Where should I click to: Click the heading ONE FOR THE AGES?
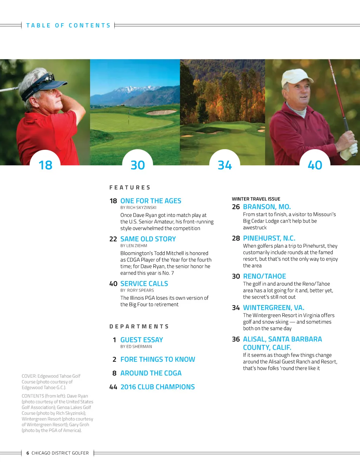(150, 201)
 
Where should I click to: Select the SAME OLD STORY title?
(148, 239)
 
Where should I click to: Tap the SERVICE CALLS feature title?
(144, 284)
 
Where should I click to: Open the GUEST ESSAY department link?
(142, 340)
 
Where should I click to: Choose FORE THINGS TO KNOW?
(157, 359)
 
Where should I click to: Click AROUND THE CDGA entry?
(151, 373)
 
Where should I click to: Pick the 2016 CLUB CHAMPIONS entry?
(157, 387)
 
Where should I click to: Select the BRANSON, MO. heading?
(267, 207)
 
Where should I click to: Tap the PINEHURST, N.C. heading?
(269, 238)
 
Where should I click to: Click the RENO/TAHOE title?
(264, 276)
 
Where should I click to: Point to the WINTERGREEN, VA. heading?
(274, 308)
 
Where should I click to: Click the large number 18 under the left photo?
(45, 165)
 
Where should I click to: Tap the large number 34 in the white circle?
(225, 165)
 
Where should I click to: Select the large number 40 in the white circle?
(315, 165)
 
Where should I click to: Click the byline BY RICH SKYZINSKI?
(138, 208)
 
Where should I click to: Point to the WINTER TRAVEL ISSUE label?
(256, 199)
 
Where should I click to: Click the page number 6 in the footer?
(28, 453)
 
